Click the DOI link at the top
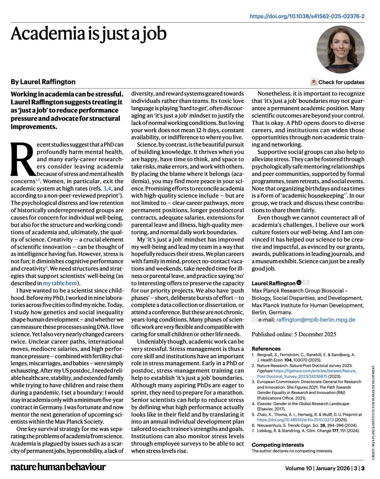(307, 16)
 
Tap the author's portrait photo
(340, 49)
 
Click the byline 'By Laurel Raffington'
(43, 82)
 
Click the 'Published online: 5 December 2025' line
(294, 334)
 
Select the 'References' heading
(266, 348)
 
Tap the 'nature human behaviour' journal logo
(58, 467)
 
